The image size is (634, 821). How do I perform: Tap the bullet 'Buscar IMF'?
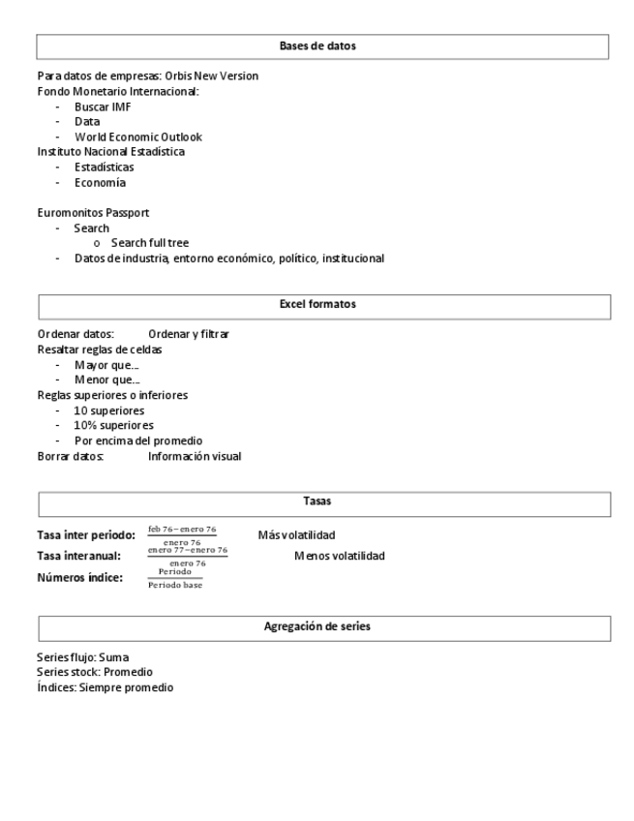pos(103,106)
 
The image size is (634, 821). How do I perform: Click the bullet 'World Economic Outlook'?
pos(137,137)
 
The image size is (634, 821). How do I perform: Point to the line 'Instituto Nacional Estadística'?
pos(111,151)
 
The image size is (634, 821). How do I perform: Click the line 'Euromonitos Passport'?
pos(93,212)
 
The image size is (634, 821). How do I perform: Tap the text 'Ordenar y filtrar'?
pos(189,334)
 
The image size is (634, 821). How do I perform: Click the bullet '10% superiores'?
pos(113,425)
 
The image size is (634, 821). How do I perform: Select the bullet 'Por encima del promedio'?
pos(138,441)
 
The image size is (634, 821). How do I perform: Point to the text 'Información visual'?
pos(195,456)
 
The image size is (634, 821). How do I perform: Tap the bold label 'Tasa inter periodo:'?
pos(86,535)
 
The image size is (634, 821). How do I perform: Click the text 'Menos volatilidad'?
pos(339,556)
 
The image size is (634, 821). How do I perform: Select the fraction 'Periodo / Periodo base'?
pos(175,578)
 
